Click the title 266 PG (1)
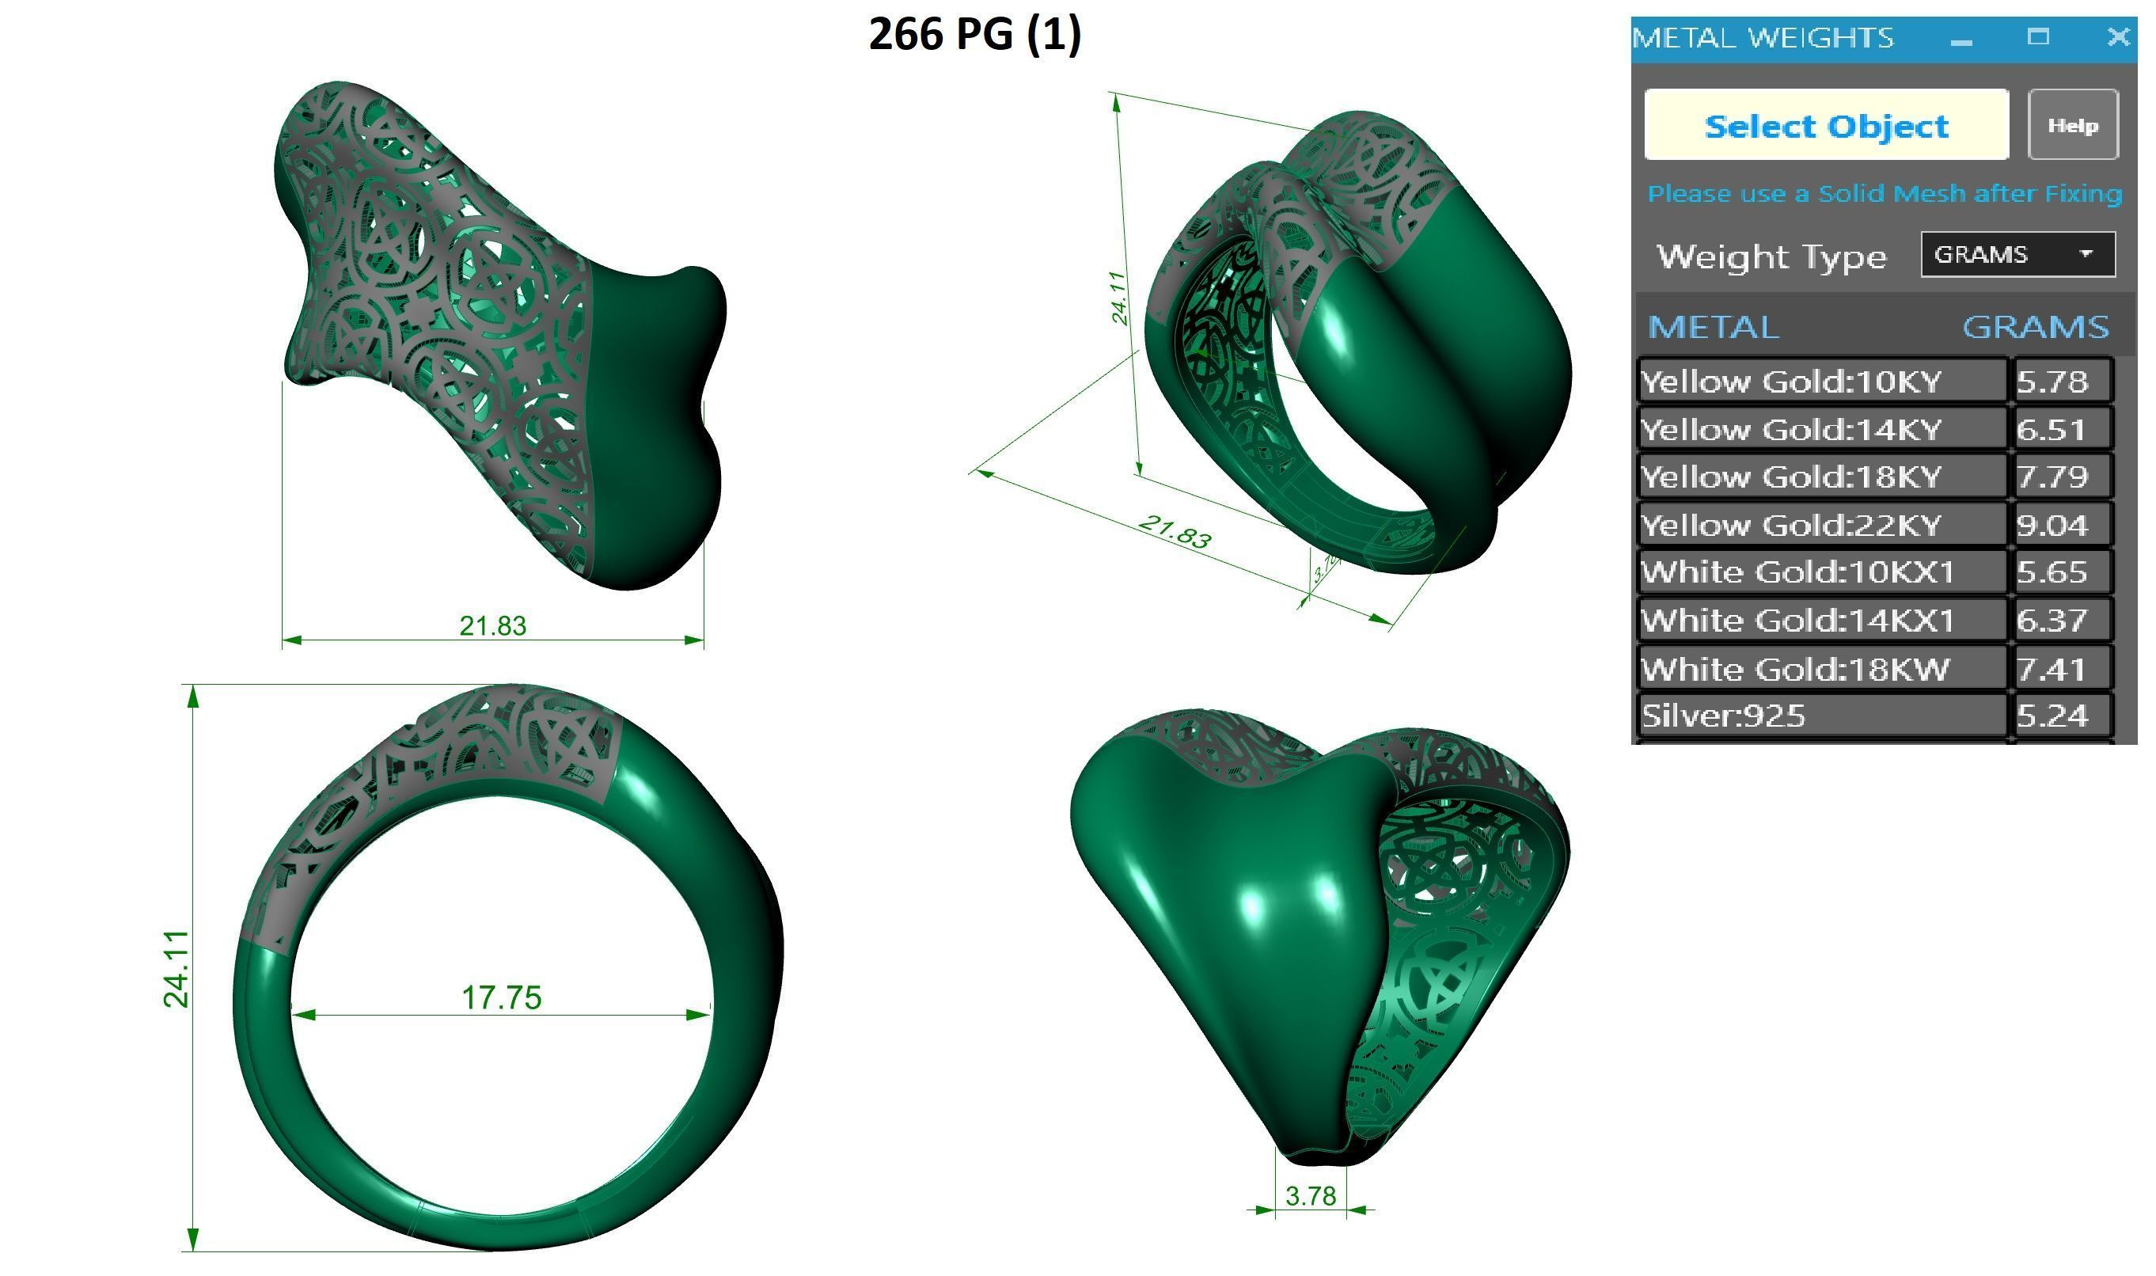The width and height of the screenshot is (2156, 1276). click(974, 34)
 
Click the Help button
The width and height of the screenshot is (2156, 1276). click(2072, 126)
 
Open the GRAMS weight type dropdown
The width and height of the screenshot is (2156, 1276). click(2017, 255)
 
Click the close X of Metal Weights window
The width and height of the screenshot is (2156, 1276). click(2117, 37)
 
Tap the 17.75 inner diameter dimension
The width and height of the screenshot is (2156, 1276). click(501, 997)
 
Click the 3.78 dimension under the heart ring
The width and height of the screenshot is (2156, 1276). click(1310, 1196)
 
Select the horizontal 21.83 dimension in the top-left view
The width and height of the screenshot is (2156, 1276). click(492, 625)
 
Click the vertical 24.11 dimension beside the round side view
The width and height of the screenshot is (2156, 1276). click(177, 968)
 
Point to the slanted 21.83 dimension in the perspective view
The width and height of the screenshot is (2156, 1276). click(1175, 532)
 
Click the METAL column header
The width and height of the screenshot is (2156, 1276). click(1713, 328)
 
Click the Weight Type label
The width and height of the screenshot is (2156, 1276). click(1771, 256)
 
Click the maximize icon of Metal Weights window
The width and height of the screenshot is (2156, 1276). click(2037, 37)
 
